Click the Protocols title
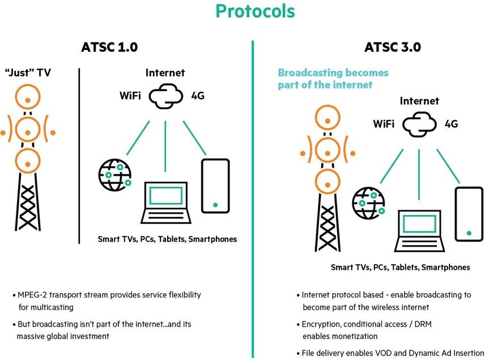255,11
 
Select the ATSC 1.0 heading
109,47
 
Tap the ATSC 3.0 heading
393,47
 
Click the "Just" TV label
28,73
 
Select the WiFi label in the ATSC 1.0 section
130,95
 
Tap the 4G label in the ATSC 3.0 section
451,124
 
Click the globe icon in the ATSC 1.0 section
115,175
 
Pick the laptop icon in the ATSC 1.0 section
165,202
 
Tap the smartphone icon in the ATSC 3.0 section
469,214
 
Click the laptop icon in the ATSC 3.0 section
419,231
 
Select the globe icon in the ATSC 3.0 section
369,203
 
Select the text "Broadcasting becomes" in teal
333,73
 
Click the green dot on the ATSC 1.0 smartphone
215,205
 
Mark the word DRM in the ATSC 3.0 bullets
423,324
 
